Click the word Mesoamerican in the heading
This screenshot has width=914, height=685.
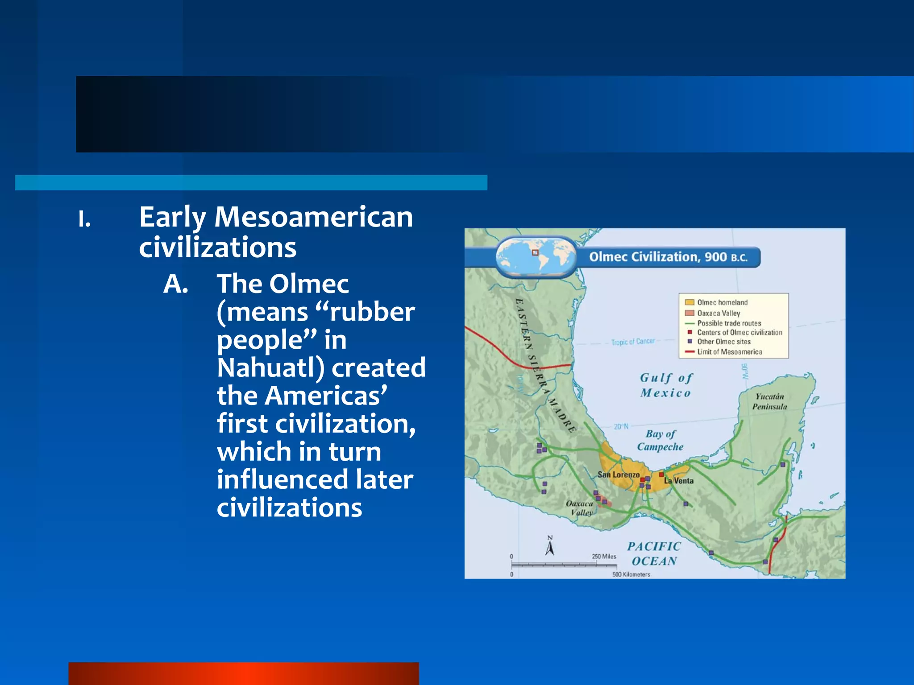[x=313, y=217]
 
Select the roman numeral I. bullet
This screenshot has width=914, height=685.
[x=84, y=219]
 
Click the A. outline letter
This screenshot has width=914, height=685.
[x=175, y=284]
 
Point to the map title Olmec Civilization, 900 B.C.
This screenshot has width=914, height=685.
[x=668, y=257]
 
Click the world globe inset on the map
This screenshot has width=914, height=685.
[x=536, y=256]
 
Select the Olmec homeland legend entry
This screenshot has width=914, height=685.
[x=722, y=302]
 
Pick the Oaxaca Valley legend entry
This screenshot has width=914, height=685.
[x=718, y=313]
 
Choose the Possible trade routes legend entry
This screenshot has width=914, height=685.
[x=728, y=323]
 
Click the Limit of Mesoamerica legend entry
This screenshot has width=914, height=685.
[x=729, y=352]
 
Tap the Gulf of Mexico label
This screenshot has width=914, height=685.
[x=666, y=385]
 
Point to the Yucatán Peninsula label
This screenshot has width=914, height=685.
[x=769, y=401]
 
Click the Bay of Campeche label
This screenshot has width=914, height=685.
[x=660, y=440]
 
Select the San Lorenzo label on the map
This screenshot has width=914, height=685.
[x=618, y=475]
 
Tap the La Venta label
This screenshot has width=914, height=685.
[x=679, y=481]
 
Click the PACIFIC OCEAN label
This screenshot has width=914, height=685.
[x=654, y=553]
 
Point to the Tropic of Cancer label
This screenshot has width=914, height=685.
[x=633, y=342]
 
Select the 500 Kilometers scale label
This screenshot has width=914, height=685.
[x=631, y=574]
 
